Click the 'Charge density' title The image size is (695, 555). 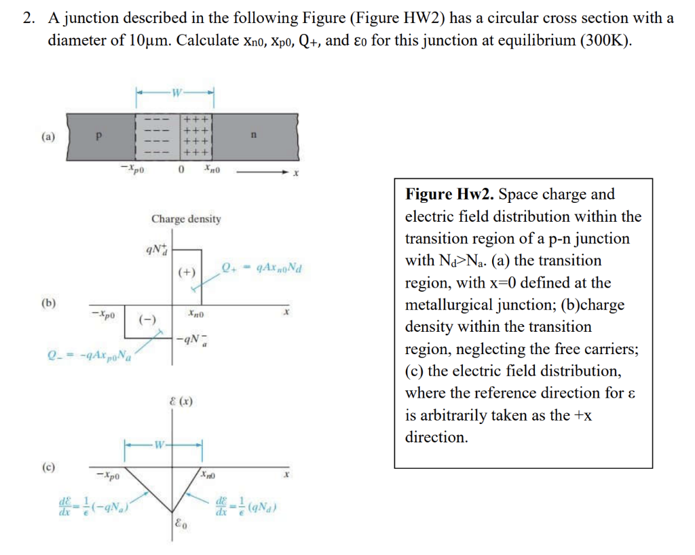point(186,219)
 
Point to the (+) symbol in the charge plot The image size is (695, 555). point(187,273)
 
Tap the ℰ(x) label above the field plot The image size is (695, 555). point(181,402)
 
